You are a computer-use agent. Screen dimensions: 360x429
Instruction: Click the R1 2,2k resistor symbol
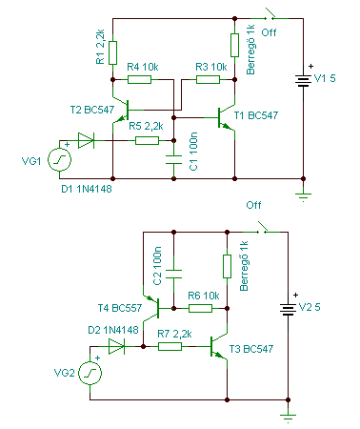[112, 52]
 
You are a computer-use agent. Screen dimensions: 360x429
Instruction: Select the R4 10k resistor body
[139, 79]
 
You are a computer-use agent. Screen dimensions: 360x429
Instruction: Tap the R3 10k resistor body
[208, 79]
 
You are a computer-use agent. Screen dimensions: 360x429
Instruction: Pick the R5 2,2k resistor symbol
[147, 140]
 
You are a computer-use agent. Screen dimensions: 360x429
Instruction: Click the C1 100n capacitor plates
[173, 159]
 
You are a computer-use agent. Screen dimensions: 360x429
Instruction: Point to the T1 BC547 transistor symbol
[226, 117]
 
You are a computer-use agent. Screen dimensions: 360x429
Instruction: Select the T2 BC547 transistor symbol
[121, 110]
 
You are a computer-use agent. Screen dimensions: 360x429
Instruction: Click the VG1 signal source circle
[59, 159]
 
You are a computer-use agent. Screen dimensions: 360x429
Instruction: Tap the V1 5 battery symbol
[303, 81]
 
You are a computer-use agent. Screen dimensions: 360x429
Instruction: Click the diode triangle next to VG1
[86, 140]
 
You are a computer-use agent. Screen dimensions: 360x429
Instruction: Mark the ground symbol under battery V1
[303, 197]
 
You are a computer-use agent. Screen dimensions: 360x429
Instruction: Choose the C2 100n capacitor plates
[173, 274]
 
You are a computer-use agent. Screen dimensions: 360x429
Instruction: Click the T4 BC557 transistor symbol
[151, 308]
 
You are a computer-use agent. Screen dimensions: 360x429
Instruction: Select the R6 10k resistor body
[200, 308]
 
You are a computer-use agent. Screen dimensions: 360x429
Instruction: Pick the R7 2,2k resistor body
[170, 346]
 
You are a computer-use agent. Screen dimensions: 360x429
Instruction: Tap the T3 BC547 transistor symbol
[219, 346]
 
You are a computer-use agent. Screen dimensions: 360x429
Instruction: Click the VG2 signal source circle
[90, 373]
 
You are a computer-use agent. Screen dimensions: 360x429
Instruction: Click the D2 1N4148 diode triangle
[116, 346]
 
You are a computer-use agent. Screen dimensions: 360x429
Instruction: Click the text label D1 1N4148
[87, 189]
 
